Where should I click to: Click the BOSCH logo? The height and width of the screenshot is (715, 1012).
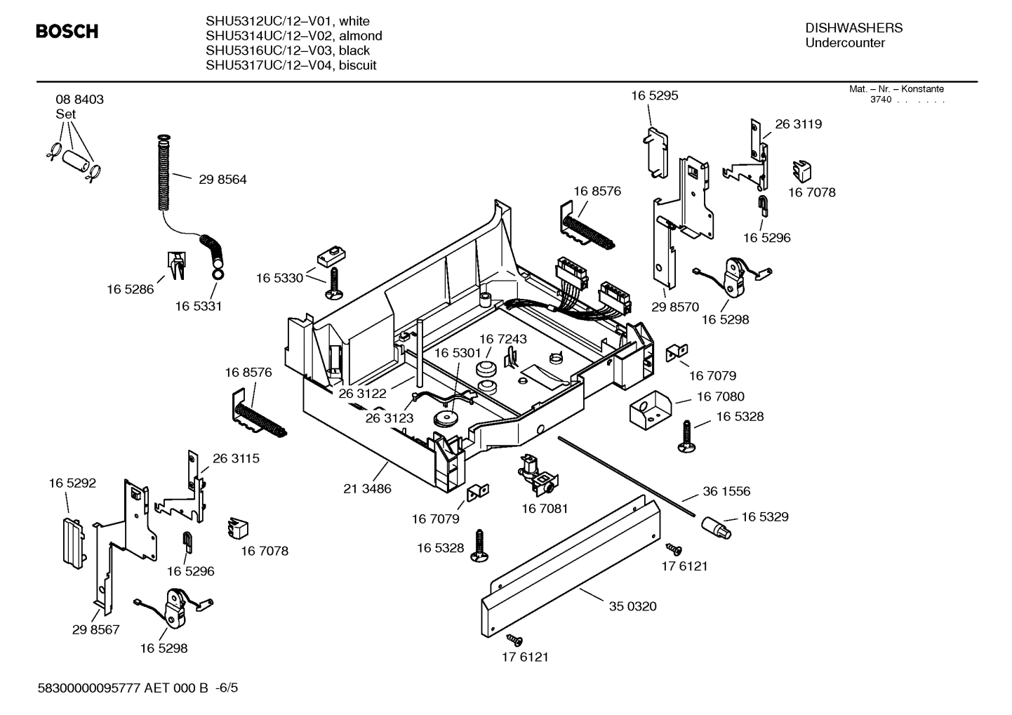pos(67,32)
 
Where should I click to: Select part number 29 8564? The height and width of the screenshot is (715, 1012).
pos(222,180)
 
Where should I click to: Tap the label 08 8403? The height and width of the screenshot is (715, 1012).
pos(79,100)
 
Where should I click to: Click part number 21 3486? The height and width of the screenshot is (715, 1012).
pos(367,488)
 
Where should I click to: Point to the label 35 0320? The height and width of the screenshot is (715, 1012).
pos(632,606)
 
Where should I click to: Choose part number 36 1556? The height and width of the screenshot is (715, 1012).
pos(726,492)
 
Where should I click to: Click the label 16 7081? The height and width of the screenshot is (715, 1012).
pos(545,508)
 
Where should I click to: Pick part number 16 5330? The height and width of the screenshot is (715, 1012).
pos(279,278)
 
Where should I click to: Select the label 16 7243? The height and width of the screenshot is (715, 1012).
pos(502,339)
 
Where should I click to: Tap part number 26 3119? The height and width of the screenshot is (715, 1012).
pos(798,124)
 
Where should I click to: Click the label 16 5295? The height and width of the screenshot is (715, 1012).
pos(654,95)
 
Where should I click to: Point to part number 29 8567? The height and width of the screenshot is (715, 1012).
pos(95,629)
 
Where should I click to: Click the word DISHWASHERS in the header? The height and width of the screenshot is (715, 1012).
pos(853,28)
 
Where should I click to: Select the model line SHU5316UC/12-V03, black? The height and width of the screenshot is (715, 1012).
pos(287,51)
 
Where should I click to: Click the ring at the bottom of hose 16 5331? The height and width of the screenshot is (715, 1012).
pos(218,273)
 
